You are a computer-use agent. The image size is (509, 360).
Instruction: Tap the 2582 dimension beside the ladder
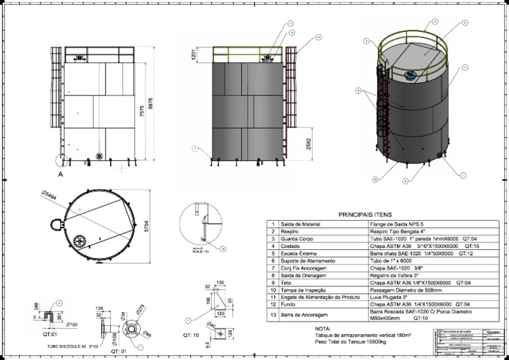[x=310, y=145]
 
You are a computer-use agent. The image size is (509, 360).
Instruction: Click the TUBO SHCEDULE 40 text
[x=68, y=346]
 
